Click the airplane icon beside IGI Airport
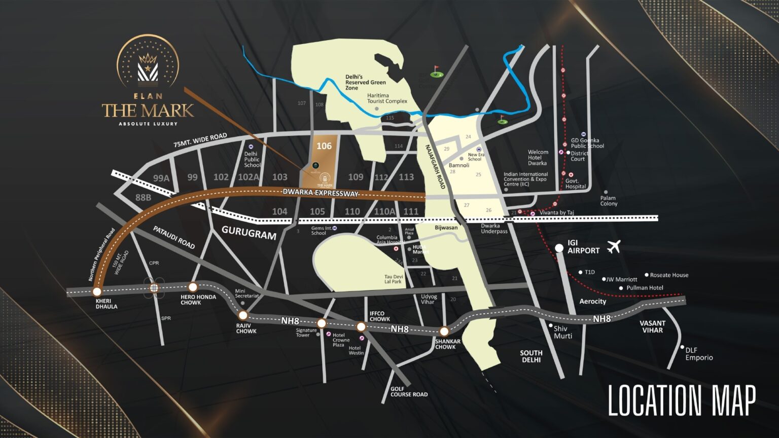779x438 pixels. (614, 247)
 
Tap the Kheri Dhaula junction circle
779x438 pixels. (97, 291)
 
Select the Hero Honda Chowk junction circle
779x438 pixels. (193, 287)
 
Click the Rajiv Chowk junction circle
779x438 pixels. (243, 315)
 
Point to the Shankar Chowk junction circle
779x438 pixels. (444, 332)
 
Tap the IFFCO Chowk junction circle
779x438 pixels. (361, 326)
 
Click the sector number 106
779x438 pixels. (324, 146)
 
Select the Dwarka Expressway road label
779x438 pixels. (321, 193)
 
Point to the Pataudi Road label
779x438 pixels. (174, 237)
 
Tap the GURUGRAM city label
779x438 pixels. (249, 233)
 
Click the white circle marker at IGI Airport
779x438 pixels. (559, 248)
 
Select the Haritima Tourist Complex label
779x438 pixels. (387, 98)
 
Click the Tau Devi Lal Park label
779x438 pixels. (393, 279)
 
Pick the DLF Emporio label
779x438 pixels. (699, 354)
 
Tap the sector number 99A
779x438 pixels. (161, 178)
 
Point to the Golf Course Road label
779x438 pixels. (409, 392)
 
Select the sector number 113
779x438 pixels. (406, 177)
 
